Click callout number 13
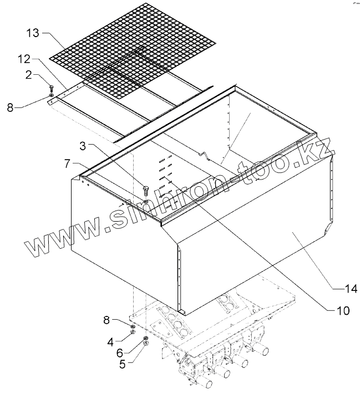(33, 33)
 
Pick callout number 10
(343, 310)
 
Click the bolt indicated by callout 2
(51, 88)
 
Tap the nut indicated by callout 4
(133, 334)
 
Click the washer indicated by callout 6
(145, 338)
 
